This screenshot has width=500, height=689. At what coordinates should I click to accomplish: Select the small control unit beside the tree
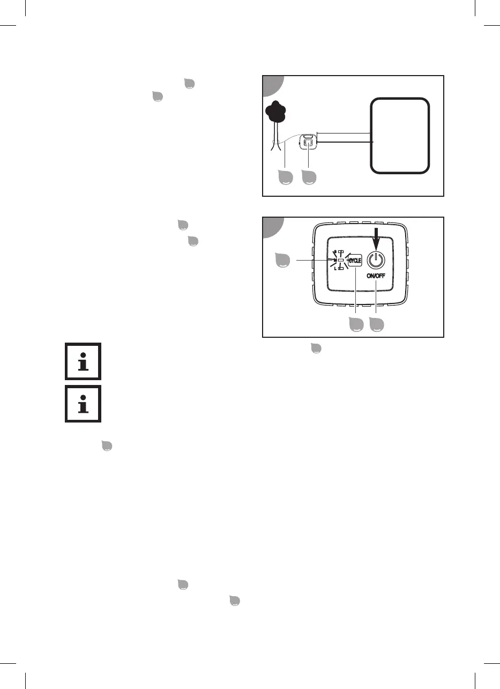(308, 143)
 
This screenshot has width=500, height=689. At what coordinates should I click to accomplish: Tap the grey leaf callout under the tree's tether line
(285, 178)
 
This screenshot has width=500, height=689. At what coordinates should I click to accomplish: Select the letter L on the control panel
(334, 268)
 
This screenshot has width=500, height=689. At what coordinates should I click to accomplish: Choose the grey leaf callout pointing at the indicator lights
(283, 260)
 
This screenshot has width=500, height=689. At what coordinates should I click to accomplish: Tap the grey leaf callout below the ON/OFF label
(376, 324)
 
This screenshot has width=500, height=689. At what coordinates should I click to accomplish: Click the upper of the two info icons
(83, 361)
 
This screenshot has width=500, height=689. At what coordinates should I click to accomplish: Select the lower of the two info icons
(83, 403)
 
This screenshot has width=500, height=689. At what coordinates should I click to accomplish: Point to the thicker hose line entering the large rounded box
(343, 142)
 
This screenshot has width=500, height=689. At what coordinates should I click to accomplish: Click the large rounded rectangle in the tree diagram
(400, 135)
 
